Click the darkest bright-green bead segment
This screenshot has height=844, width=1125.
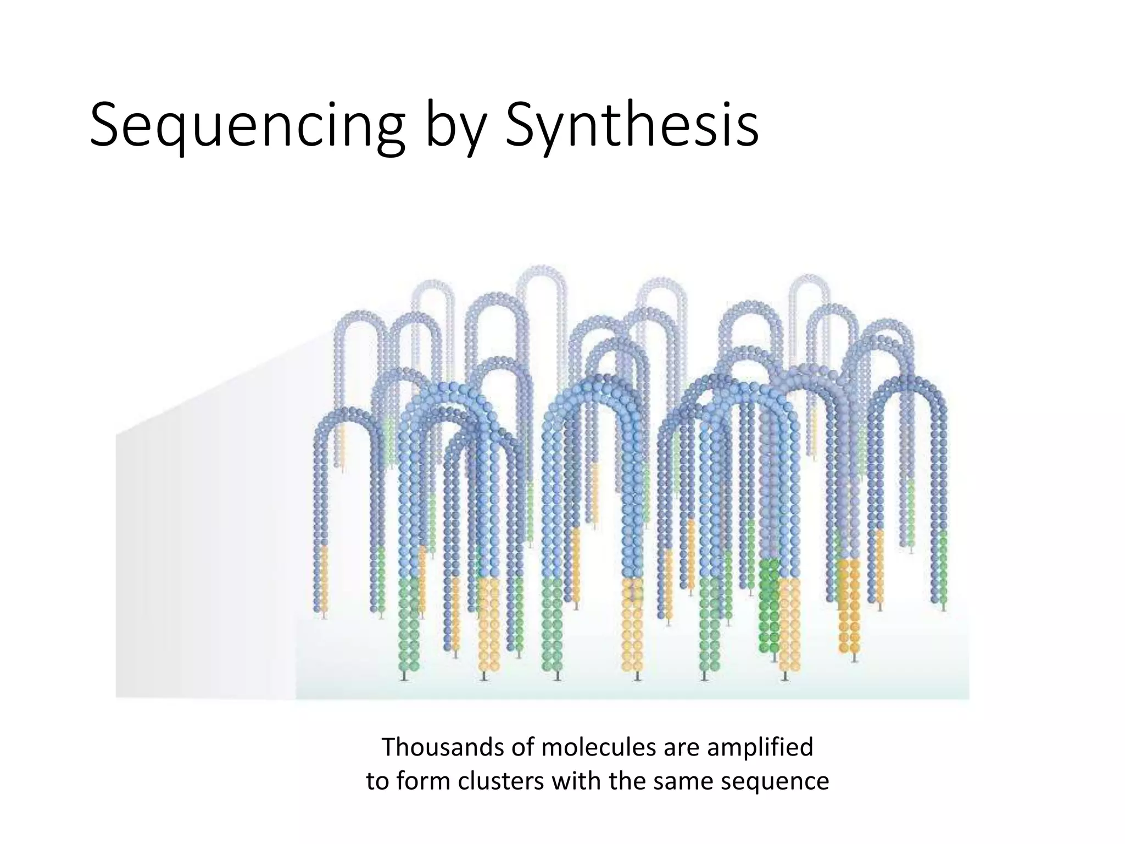tap(770, 604)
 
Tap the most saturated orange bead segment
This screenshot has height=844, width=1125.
tap(849, 604)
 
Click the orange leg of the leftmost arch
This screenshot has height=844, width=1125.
tap(324, 577)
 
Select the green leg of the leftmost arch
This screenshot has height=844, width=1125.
tap(381, 577)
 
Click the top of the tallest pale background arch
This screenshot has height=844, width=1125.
tap(541, 269)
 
